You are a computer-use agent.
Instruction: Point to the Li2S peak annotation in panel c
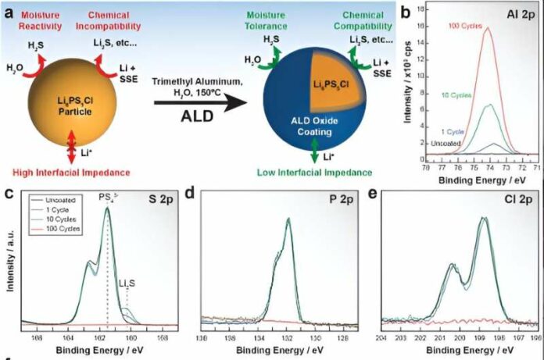[127, 285]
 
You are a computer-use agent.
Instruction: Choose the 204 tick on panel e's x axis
[381, 337]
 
